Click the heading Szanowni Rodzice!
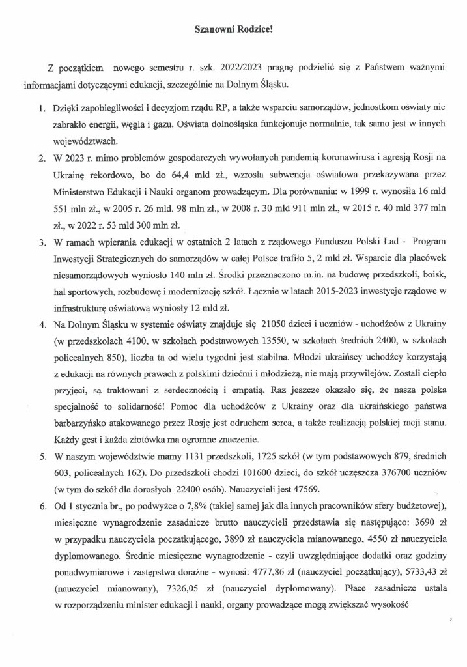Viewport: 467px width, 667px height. click(x=233, y=29)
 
